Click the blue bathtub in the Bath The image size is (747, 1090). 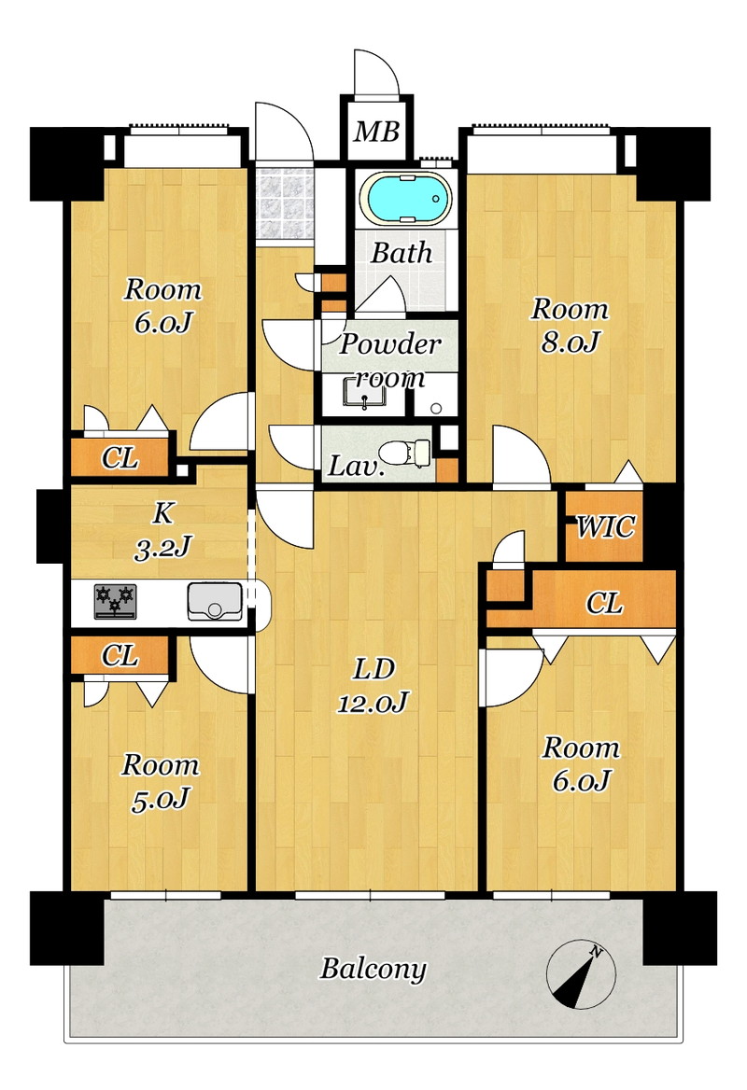405,199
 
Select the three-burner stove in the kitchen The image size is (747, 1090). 116,601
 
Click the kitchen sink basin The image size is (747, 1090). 215,601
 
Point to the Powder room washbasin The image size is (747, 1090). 364,394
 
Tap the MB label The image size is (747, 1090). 376,132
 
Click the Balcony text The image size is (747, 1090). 373,969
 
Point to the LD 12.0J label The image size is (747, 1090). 373,685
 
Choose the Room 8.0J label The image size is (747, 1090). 570,326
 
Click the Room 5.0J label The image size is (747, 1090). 161,782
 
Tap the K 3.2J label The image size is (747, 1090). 162,531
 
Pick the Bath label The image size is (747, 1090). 402,253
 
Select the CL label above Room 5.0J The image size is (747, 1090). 120,655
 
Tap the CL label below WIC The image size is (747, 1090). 604,603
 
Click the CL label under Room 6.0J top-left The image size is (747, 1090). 120,458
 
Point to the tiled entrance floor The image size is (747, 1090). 282,203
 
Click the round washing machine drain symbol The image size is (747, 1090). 436,408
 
